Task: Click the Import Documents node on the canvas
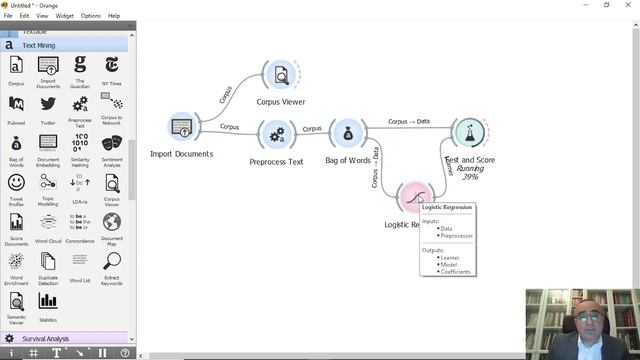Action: coord(181,127)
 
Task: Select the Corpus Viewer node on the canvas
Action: coord(281,75)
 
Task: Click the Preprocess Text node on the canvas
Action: coord(277,134)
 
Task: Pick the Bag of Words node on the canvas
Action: coord(347,134)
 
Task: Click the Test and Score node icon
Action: coord(468,132)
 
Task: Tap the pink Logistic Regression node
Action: coord(413,197)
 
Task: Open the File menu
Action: coord(8,16)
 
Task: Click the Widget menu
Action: coord(64,16)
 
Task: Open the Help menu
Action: coord(114,16)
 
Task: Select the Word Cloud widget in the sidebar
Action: coord(48,227)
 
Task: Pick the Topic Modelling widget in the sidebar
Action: coord(48,186)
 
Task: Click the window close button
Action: coord(630,5)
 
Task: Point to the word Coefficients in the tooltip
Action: coord(456,271)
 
